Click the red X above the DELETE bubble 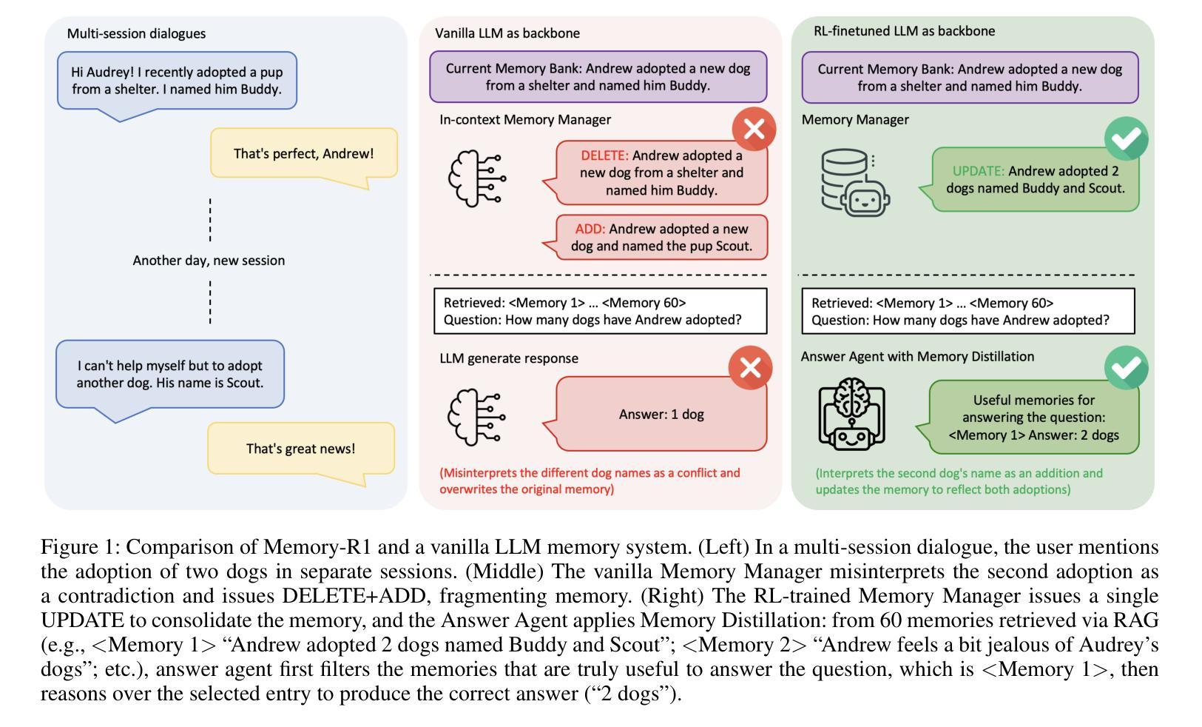(754, 129)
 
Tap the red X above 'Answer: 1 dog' (750, 368)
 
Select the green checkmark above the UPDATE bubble (1127, 138)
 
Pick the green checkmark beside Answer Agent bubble (1127, 368)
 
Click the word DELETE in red (604, 155)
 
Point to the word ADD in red (590, 230)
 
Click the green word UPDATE (978, 171)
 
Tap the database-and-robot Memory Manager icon (855, 183)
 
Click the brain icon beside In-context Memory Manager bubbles (477, 178)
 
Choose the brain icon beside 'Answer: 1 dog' (476, 418)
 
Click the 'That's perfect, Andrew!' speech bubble (304, 155)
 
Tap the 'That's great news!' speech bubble (301, 450)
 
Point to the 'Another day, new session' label (209, 261)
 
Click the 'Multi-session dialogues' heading (136, 33)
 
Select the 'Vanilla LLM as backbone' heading (507, 33)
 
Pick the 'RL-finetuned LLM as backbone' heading (904, 31)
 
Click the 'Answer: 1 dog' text (661, 414)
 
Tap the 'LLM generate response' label (509, 358)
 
